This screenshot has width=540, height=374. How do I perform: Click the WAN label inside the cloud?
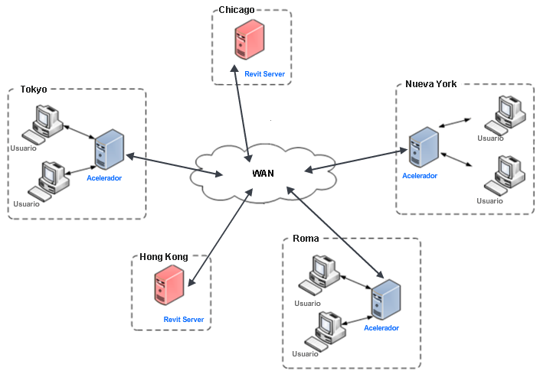tap(263, 174)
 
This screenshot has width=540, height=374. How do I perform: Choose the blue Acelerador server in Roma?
tap(385, 300)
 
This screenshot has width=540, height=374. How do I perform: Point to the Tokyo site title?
tap(33, 89)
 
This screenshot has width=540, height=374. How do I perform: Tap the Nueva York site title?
tap(430, 84)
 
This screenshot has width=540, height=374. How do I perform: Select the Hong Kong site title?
tap(163, 257)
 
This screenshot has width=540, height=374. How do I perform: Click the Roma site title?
tap(306, 239)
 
